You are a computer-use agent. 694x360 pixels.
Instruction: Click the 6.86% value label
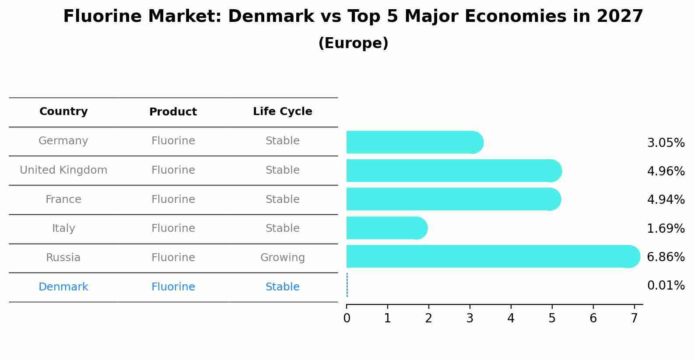coord(666,257)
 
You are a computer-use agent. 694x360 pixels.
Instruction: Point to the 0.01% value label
coord(666,286)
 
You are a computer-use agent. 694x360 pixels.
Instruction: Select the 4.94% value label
coord(666,199)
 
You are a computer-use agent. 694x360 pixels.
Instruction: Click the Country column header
coord(63,112)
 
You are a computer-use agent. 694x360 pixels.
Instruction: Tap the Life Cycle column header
coord(282,112)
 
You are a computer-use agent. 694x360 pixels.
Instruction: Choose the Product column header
coord(173,112)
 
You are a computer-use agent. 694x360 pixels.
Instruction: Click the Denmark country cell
coord(63,287)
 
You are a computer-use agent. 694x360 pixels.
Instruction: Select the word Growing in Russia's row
coord(282,258)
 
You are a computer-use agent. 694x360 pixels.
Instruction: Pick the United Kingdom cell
coord(63,170)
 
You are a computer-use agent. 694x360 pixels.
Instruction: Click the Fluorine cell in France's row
coord(173,199)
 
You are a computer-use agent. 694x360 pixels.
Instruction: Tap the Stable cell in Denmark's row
coord(282,287)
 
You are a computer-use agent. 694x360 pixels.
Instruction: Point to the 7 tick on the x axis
coord(634,318)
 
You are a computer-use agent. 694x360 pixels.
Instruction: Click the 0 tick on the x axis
coord(347,318)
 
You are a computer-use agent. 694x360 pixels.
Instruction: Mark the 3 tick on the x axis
coord(470,318)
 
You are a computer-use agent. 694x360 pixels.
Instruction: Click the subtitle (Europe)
coord(353,43)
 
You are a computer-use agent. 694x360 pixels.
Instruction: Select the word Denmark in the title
coord(271,17)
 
